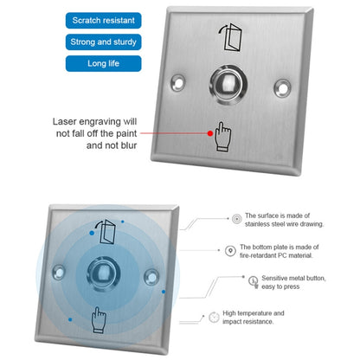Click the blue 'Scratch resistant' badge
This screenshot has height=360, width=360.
click(103, 18)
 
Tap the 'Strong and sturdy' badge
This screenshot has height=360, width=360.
click(103, 41)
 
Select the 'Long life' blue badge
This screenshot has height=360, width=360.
click(103, 63)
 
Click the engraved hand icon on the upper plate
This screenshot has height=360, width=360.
click(222, 136)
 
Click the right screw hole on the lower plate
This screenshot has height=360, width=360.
click(152, 277)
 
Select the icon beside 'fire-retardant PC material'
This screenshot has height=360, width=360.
click(229, 252)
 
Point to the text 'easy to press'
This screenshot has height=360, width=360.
click(274, 287)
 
